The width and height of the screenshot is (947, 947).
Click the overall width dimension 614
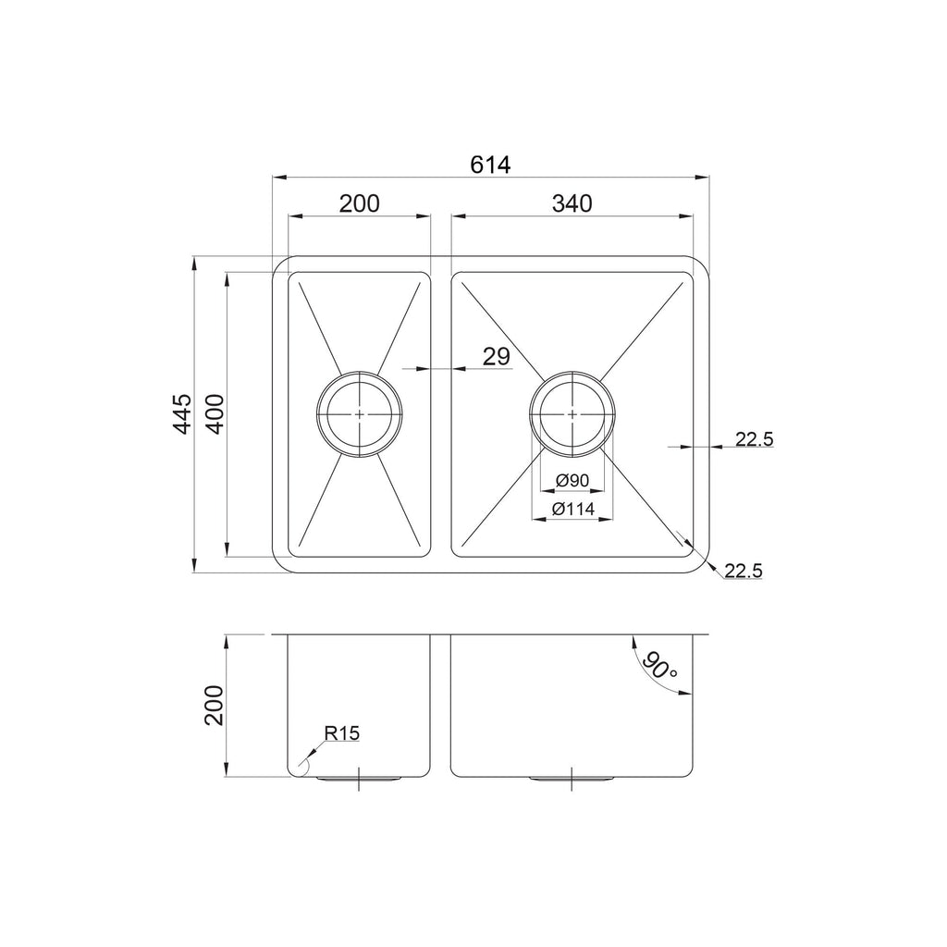pyautogui.click(x=490, y=165)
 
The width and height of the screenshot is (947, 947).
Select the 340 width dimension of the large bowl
pyautogui.click(x=572, y=203)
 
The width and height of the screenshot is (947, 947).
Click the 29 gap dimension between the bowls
pyautogui.click(x=497, y=357)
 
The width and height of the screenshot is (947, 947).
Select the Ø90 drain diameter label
pyautogui.click(x=572, y=481)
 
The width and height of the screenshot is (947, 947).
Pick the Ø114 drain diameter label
pyautogui.click(x=572, y=510)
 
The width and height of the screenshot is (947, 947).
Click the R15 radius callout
pyautogui.click(x=342, y=733)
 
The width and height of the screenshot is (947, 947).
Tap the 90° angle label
pyautogui.click(x=658, y=666)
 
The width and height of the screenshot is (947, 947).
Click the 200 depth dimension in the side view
pyautogui.click(x=215, y=706)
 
